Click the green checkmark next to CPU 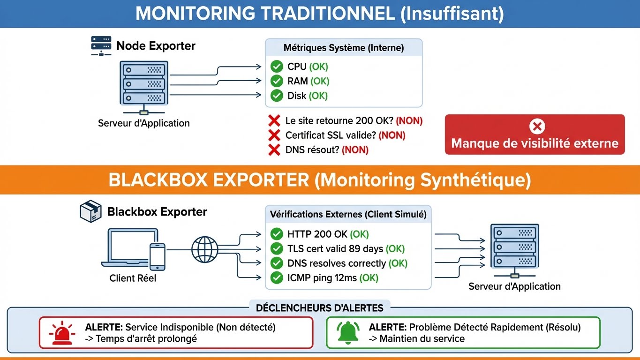pos(277,67)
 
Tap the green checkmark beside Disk pos(277,96)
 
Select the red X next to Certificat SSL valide pos(274,135)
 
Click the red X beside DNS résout pos(274,150)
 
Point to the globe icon pos(205,249)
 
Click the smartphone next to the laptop pos(157,256)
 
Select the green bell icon pos(347,332)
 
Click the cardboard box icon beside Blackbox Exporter pos(91,212)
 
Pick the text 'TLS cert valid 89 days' pos(335,249)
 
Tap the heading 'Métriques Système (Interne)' pos(343,48)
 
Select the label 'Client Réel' pos(133,278)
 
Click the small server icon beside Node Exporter pos(101,46)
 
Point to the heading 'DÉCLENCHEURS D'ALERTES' pos(319,308)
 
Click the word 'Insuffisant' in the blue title pos(452,14)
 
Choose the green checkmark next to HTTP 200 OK pos(277,234)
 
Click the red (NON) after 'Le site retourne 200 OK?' pos(409,121)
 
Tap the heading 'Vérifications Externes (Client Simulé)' pos(348,214)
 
